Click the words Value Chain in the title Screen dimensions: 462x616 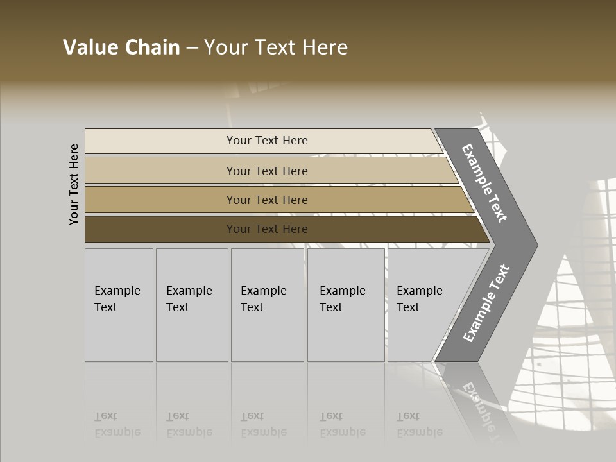click(x=121, y=47)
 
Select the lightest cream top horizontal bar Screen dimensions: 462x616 click(x=160, y=141)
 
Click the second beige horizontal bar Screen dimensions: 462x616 click(x=160, y=171)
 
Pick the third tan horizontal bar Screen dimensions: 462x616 click(x=160, y=200)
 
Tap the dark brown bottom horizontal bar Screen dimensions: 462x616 click(x=160, y=229)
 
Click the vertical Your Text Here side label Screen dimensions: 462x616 click(x=74, y=184)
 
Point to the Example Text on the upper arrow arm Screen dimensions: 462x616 click(x=484, y=183)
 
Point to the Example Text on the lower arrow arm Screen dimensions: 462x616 click(x=486, y=303)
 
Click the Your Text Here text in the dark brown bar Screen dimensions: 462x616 click(x=267, y=229)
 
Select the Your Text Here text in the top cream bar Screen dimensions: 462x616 click(x=267, y=141)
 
